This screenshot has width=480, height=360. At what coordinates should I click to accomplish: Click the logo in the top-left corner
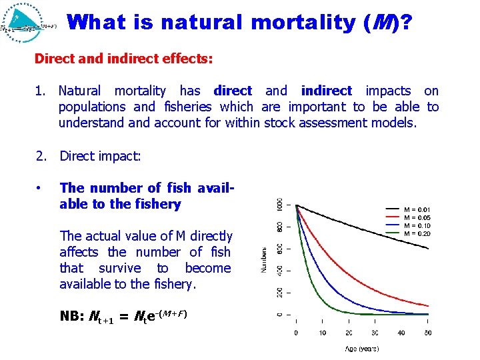click(x=29, y=24)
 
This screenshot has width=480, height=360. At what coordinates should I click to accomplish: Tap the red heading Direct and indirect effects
click(x=123, y=59)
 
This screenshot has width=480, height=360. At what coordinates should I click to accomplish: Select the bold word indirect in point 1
click(x=326, y=91)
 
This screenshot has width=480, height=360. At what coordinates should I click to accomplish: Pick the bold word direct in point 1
click(x=233, y=91)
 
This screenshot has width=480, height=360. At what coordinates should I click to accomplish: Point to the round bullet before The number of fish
click(x=41, y=189)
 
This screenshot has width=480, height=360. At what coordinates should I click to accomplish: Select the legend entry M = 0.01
click(x=417, y=209)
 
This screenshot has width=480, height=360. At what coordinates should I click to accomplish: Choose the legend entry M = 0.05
click(x=417, y=217)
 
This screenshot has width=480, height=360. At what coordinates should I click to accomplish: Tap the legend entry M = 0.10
click(x=417, y=225)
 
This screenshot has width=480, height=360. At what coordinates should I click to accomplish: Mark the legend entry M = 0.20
click(x=417, y=233)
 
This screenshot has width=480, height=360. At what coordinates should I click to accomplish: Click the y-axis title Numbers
click(x=263, y=259)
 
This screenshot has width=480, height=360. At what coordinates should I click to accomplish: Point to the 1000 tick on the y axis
click(x=280, y=204)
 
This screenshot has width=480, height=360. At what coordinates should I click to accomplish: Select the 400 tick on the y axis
click(x=280, y=270)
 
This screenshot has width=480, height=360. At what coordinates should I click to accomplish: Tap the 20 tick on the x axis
click(x=348, y=332)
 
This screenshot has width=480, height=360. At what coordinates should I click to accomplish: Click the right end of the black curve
click(x=428, y=249)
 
